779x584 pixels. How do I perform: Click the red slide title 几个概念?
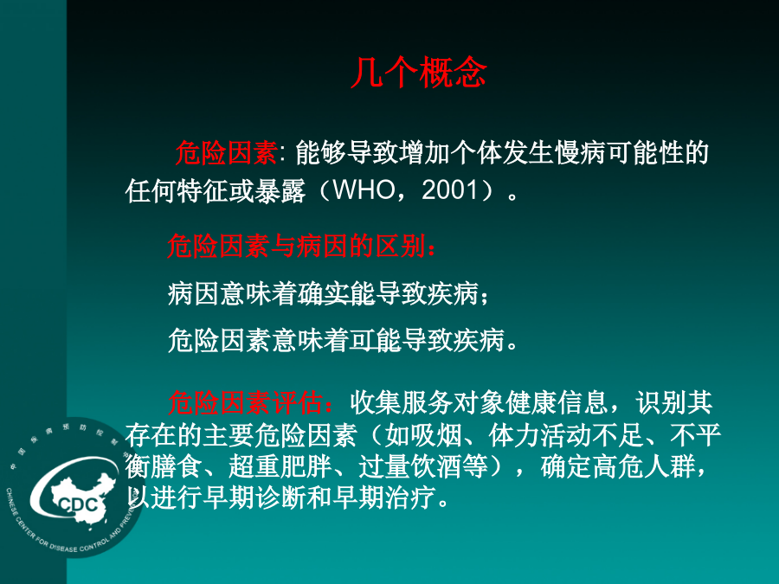(418, 73)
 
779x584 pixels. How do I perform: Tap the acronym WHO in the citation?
(364, 190)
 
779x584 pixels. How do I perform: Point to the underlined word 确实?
(324, 293)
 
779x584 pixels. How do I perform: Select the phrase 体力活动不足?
(566, 435)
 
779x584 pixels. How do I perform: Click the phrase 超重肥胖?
(280, 467)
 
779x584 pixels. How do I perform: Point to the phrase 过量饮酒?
(410, 467)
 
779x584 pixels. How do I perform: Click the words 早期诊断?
(254, 497)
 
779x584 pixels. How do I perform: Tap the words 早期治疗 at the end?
(384, 497)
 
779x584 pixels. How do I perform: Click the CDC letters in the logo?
(78, 505)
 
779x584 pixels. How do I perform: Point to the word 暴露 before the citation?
(280, 190)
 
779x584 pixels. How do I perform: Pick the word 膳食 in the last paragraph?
(177, 467)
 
